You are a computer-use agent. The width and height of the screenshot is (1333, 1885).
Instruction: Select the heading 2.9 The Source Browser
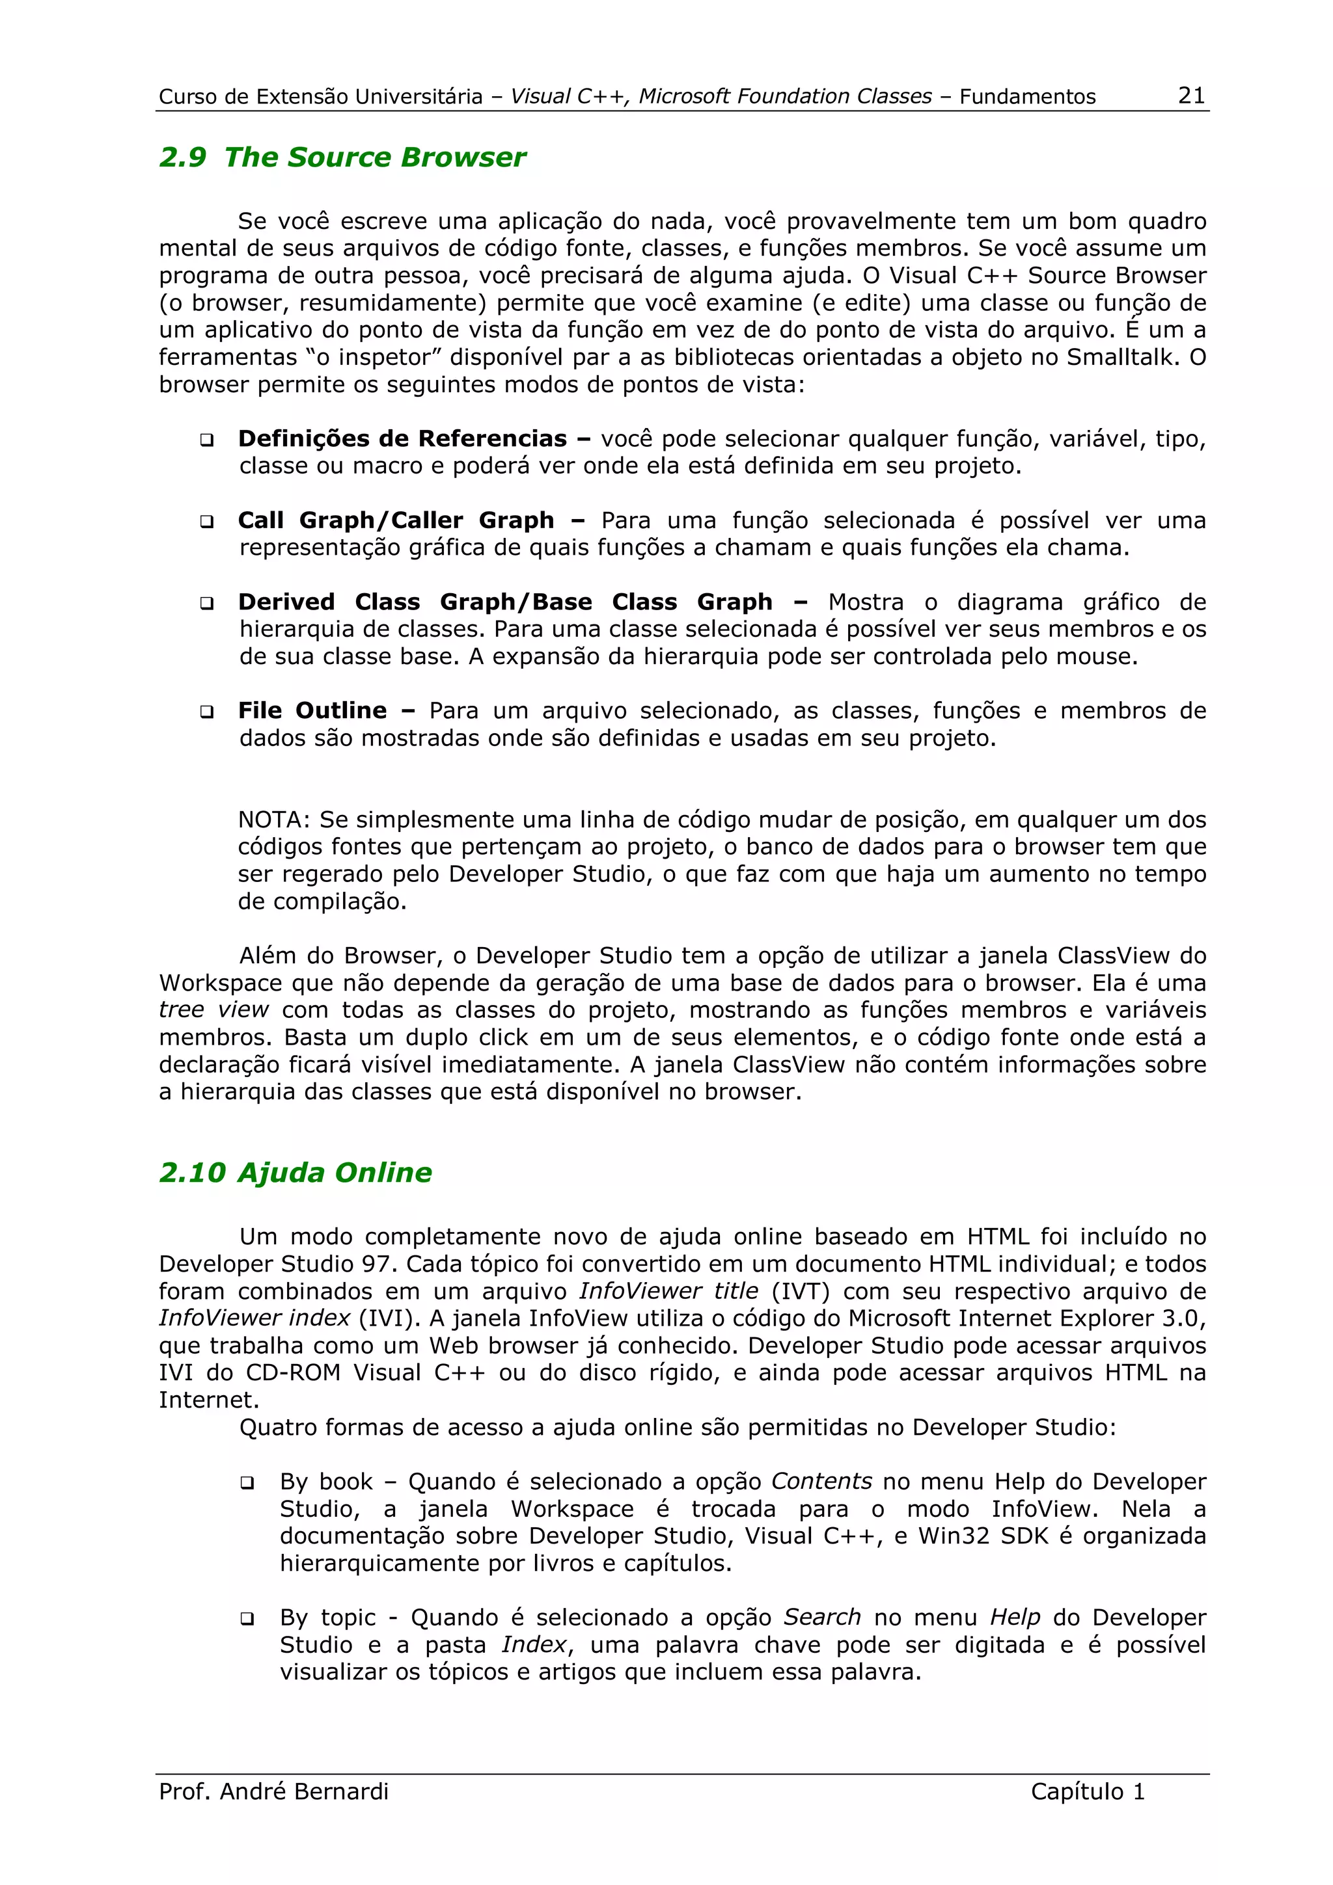342,157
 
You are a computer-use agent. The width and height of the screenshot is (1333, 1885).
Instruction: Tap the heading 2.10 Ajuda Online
295,1172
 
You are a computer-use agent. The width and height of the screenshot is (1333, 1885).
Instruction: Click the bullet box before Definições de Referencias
207,441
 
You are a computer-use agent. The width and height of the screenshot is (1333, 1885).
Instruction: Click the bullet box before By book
247,1484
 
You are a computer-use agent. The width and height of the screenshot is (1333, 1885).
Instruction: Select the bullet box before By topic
247,1620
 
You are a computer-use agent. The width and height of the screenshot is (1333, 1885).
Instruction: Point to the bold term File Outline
312,710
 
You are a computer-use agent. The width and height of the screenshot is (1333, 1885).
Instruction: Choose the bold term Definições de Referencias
402,438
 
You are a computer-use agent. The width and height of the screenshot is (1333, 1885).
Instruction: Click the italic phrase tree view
213,1009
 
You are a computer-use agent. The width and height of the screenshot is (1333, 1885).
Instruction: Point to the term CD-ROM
292,1372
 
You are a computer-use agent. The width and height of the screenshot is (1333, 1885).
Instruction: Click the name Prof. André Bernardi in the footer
273,1791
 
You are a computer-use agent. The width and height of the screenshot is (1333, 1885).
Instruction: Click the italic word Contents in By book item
821,1482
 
